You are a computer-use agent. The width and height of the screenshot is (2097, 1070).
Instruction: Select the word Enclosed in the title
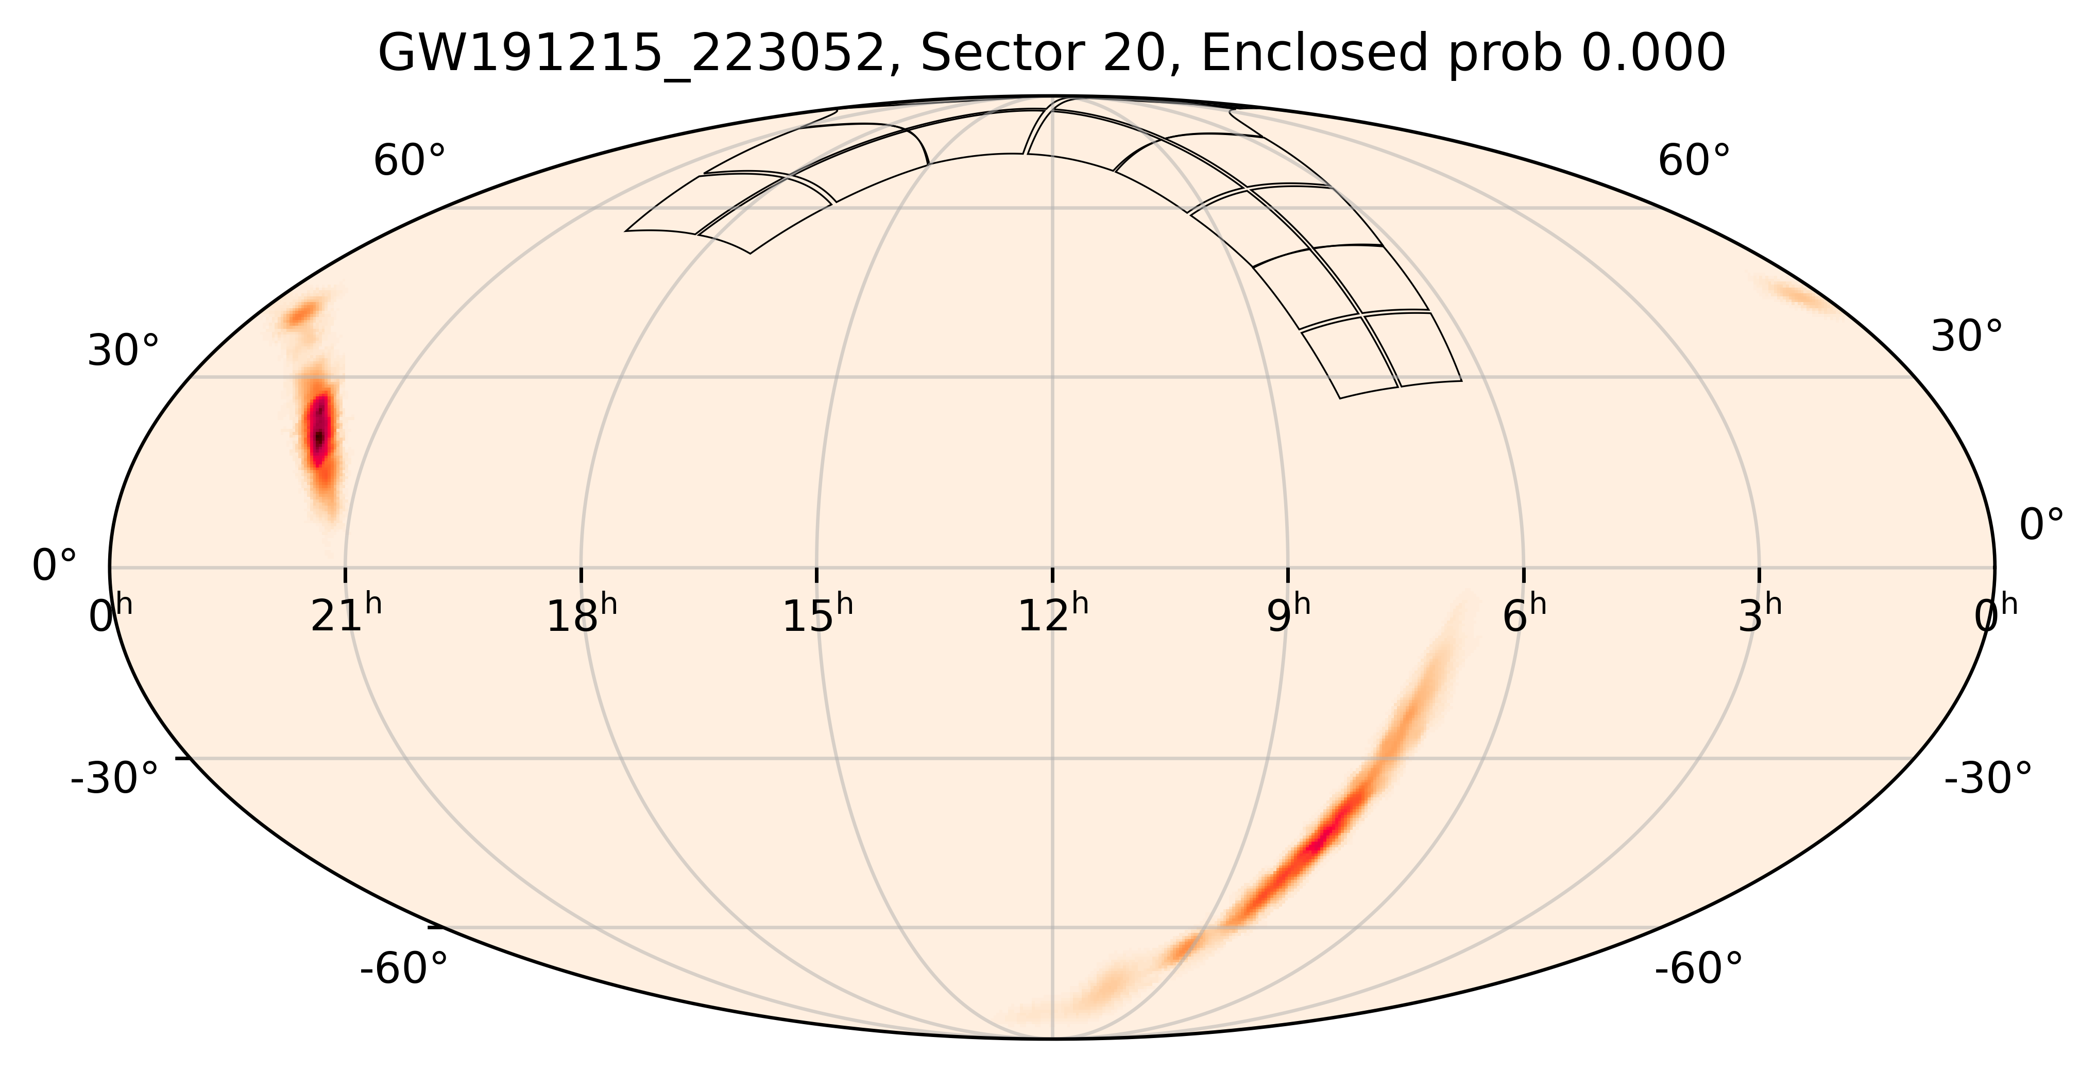[1314, 55]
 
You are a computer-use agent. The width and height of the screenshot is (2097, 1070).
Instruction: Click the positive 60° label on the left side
[410, 161]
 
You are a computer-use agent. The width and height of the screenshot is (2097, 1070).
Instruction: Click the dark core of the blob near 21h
[320, 431]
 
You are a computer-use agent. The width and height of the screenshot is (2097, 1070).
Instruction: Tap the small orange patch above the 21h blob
[302, 313]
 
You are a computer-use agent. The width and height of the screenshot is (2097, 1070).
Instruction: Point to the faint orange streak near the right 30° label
[1799, 295]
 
